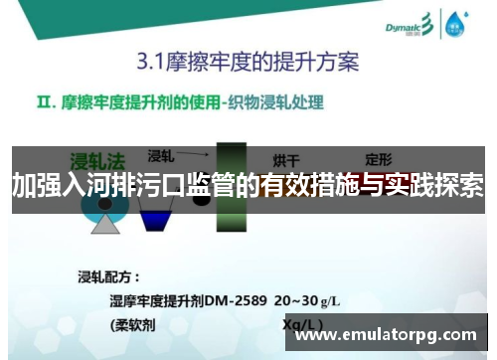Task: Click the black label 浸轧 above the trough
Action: tap(161, 155)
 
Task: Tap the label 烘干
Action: tap(287, 159)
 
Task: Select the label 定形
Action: tap(380, 158)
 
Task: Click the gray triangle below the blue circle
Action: tap(104, 223)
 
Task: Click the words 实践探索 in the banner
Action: tap(442, 185)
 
